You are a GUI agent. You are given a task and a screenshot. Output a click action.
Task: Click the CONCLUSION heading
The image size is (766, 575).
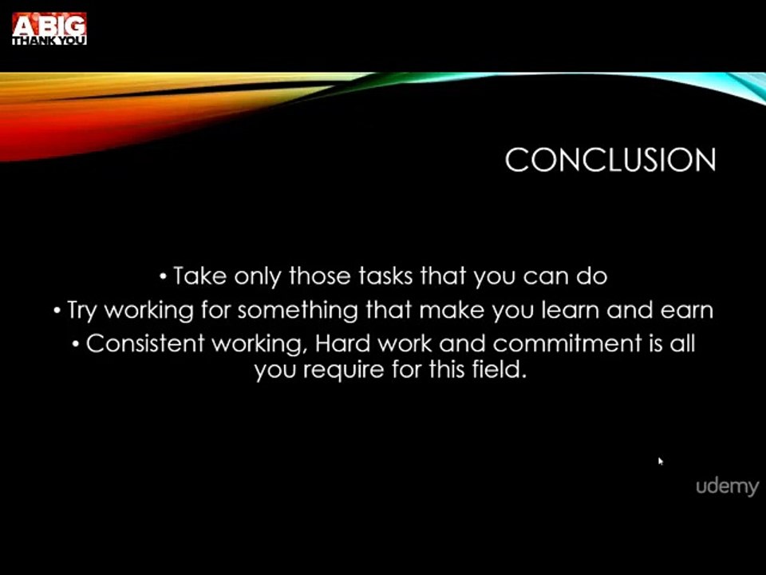click(610, 161)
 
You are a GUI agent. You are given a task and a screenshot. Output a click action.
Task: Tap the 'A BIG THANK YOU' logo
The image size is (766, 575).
click(49, 29)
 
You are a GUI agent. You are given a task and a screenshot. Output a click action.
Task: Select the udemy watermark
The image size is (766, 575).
click(727, 486)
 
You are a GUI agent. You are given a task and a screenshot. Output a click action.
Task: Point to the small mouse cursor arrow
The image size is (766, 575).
click(661, 461)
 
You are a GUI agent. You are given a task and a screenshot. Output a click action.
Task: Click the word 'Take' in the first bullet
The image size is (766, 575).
click(199, 276)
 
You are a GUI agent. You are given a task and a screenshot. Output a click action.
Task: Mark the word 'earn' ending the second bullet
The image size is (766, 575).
click(687, 310)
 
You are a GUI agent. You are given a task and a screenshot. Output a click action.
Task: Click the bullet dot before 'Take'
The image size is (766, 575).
click(164, 277)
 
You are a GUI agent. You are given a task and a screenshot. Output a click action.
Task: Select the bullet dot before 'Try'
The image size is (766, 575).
click(57, 311)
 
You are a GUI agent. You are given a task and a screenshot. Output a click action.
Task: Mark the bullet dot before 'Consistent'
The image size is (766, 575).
click(76, 344)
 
